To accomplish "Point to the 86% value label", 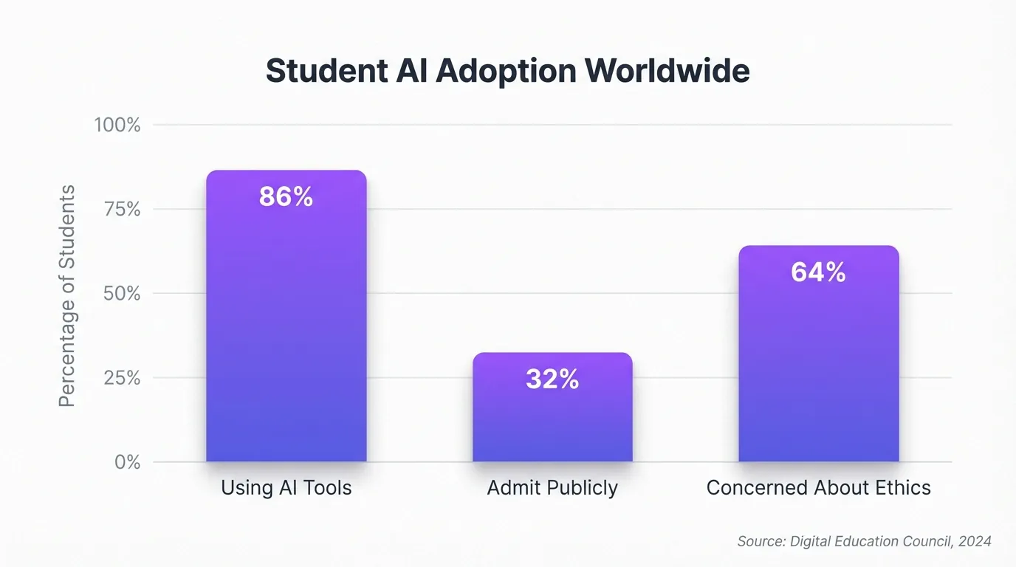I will point(286,197).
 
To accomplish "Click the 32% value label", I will point(552,379).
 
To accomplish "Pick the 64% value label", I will point(818,272).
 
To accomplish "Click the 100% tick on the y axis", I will point(117,126).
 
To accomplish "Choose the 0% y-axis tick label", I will point(127,462).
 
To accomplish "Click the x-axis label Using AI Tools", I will point(286,488).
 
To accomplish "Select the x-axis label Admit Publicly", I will point(552,488).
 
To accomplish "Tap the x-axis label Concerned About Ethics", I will point(819,488).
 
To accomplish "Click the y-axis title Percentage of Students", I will point(67,295).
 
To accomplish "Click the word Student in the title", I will point(326,72).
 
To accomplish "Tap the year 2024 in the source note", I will point(975,542).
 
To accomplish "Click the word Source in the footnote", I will point(761,542).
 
